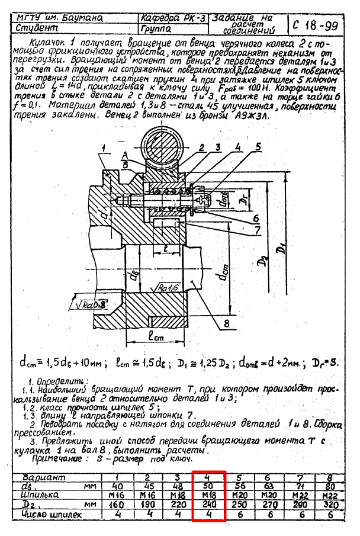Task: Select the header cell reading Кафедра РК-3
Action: tap(173, 18)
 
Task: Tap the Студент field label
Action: tap(36, 28)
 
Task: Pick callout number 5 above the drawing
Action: tap(258, 145)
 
